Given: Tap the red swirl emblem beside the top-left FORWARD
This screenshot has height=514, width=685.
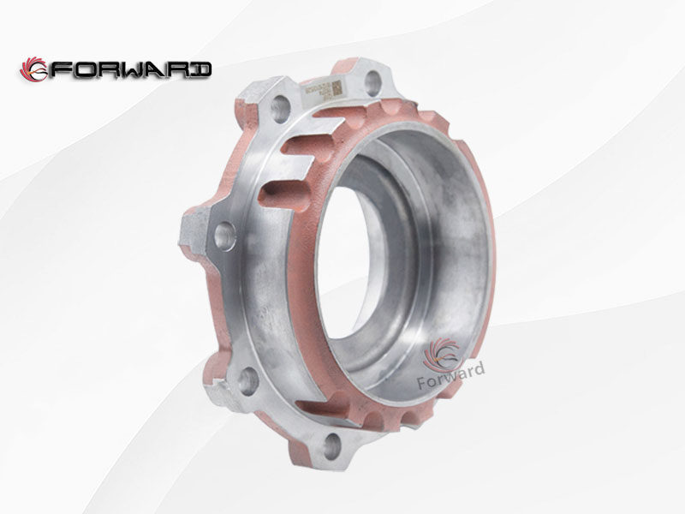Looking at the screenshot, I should tap(34, 69).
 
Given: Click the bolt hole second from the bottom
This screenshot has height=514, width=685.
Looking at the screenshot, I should tap(247, 380).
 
